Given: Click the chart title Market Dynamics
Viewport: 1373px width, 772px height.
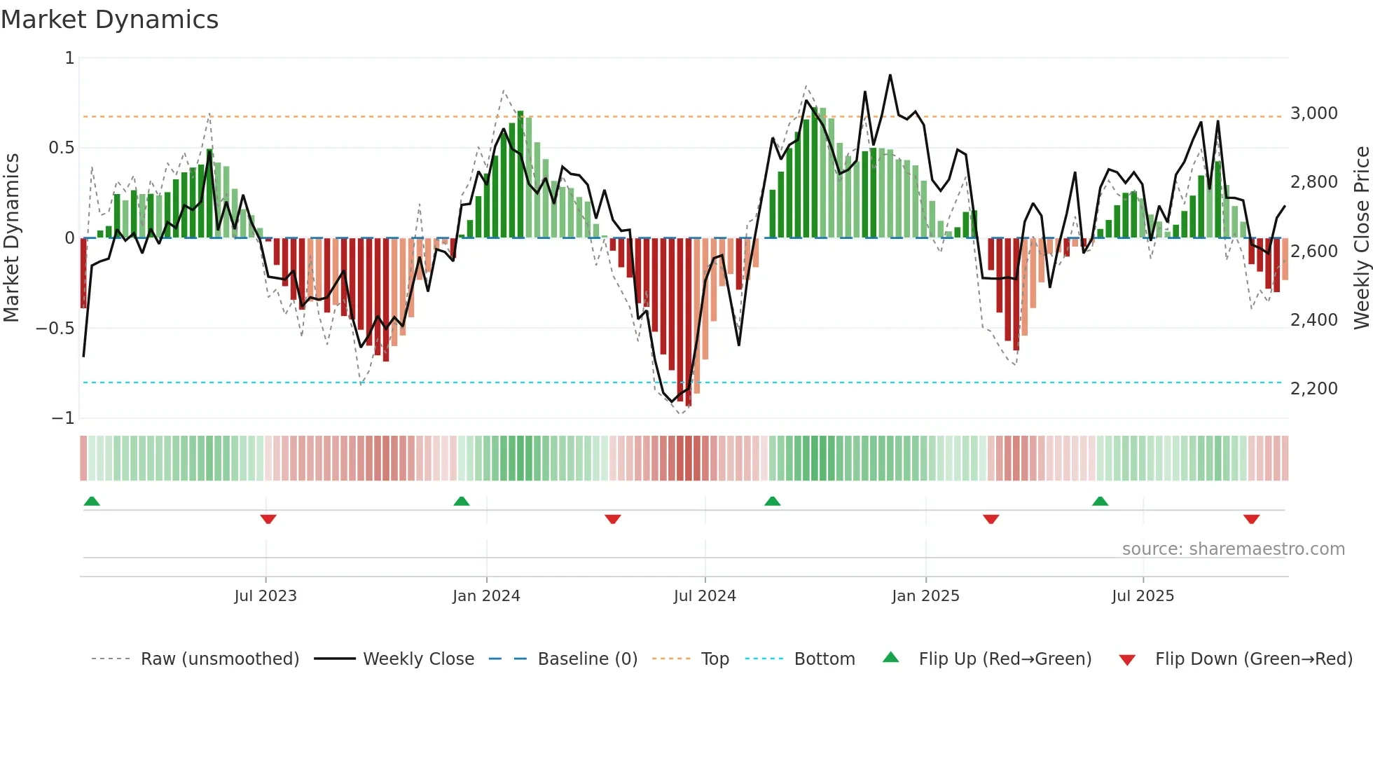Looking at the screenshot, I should [x=109, y=20].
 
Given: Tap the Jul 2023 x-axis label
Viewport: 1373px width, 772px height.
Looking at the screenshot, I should [x=265, y=596].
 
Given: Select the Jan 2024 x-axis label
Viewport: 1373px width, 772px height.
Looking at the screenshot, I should [x=486, y=596].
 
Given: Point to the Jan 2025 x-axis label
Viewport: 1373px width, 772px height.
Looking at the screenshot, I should [x=925, y=596].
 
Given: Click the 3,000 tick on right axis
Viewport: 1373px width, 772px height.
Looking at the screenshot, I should [x=1313, y=113].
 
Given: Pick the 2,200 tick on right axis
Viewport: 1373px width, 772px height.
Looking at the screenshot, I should [x=1313, y=389].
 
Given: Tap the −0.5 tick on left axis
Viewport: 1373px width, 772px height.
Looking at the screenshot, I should [x=55, y=329].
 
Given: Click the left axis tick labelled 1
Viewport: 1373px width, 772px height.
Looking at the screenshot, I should [x=69, y=58].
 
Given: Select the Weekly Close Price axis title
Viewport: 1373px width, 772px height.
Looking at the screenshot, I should [x=1361, y=237].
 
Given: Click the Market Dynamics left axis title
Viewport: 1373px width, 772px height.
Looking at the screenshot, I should [x=11, y=237].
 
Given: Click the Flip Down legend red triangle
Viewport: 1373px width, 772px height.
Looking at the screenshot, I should [x=1127, y=660].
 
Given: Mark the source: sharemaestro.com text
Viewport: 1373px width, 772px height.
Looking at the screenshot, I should [x=1233, y=549].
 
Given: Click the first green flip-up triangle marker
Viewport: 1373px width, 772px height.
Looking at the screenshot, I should [x=92, y=501].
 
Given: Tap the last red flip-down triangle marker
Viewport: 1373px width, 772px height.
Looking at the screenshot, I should [x=1251, y=519].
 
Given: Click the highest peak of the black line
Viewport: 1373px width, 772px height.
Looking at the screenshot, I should [x=890, y=75].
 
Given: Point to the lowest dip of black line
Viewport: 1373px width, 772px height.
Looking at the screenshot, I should [x=672, y=401].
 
